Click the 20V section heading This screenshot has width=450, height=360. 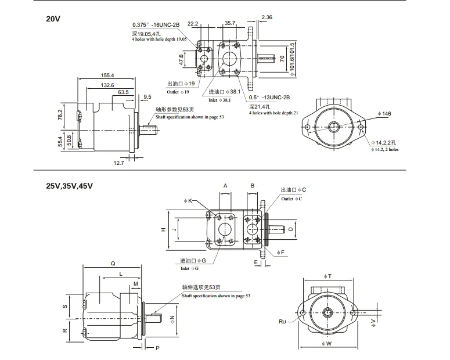tap(53, 19)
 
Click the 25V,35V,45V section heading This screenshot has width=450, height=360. tap(70, 186)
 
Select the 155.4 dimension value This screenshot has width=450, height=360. tap(107, 75)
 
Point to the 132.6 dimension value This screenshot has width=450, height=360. tap(107, 85)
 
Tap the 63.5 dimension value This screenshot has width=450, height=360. tap(123, 92)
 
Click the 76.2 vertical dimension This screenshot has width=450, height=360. tap(60, 114)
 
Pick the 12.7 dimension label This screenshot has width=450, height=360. tap(118, 163)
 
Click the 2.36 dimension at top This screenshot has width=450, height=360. tap(267, 17)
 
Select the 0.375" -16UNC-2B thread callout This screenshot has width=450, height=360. tap(156, 25)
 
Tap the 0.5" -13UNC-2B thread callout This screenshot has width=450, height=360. tap(269, 98)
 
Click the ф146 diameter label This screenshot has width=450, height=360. tap(384, 114)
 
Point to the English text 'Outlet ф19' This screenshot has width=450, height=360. tap(178, 92)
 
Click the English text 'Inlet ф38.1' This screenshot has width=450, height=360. tap(219, 100)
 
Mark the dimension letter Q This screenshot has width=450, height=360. tap(113, 264)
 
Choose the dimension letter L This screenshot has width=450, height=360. tap(121, 274)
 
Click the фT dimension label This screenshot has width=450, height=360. tap(327, 276)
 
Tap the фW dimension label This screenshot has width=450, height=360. tap(326, 343)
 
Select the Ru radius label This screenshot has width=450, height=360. tap(282, 322)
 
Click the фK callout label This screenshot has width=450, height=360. tap(188, 201)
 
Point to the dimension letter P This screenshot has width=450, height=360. tap(157, 348)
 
